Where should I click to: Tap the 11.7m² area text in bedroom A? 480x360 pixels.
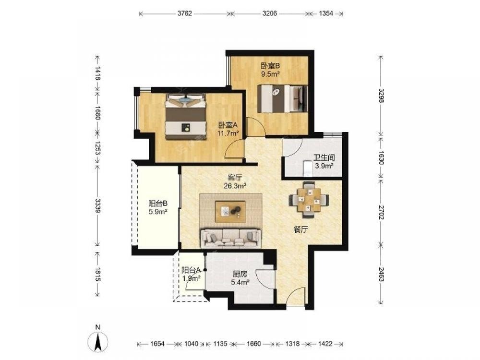tap(228, 133)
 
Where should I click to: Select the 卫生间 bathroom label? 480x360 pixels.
tap(324, 157)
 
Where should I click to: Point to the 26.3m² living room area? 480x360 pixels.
tap(235, 185)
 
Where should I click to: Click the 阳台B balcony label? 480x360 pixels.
tap(157, 203)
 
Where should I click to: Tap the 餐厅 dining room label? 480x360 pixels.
tap(300, 229)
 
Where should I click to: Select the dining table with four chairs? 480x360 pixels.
tap(309, 200)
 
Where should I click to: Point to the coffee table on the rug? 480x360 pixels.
tap(230, 212)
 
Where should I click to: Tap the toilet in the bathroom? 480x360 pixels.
tap(307, 168)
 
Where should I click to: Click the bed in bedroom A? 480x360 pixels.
tap(185, 116)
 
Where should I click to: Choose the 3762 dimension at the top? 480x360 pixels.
tap(185, 13)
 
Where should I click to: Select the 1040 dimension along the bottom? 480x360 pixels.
tap(192, 344)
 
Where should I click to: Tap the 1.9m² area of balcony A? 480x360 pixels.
tap(192, 278)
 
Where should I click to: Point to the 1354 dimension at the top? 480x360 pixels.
tap(326, 13)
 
